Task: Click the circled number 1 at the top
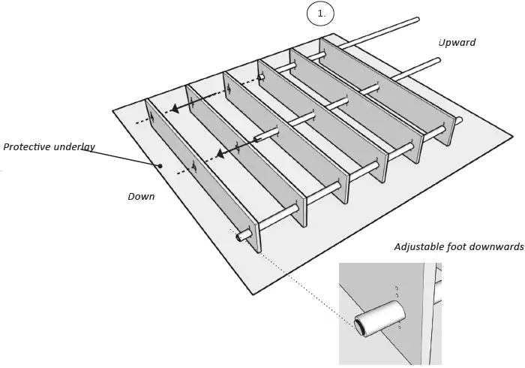tap(320, 14)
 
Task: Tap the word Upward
tap(457, 42)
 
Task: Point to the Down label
tap(141, 196)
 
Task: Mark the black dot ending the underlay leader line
tap(160, 166)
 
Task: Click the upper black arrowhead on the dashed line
tap(175, 108)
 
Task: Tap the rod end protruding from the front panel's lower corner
tap(242, 237)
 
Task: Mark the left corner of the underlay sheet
tap(113, 112)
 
